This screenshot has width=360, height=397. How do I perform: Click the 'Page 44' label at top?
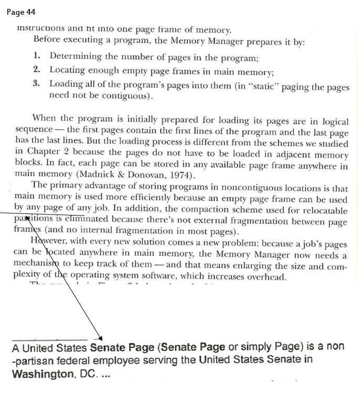22,12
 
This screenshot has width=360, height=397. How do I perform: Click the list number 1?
36,56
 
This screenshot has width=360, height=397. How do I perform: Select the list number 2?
36,70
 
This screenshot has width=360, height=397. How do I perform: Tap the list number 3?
36,83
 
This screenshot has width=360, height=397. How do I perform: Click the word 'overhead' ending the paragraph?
266,276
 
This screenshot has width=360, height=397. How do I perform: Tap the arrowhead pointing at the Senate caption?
101,339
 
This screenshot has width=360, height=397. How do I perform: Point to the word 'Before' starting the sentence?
47,40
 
